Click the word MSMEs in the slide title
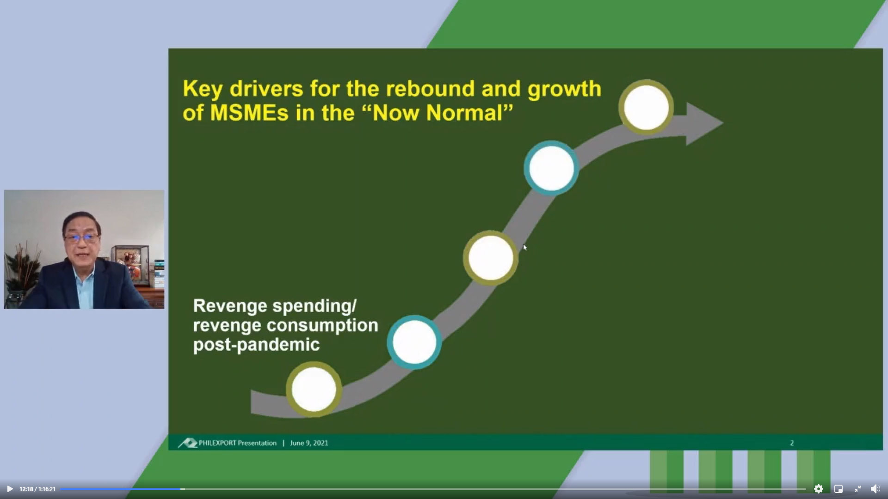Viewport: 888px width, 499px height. click(250, 113)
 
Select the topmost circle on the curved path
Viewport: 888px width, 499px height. click(646, 107)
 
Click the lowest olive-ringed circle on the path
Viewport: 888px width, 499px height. click(314, 389)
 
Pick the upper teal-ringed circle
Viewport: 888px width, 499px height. click(551, 168)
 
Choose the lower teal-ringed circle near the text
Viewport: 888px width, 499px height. click(414, 342)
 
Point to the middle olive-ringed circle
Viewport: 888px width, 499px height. click(491, 258)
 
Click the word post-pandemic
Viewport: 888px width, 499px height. click(256, 345)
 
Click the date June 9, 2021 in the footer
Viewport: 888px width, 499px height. click(309, 443)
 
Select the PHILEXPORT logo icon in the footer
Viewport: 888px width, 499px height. click(188, 443)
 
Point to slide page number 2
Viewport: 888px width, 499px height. click(792, 443)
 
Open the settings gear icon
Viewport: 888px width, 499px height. click(819, 489)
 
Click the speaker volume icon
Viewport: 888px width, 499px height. click(875, 489)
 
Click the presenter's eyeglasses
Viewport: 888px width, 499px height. click(82, 238)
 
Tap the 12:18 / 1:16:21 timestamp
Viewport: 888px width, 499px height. click(37, 489)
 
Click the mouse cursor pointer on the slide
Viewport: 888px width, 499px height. click(525, 248)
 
